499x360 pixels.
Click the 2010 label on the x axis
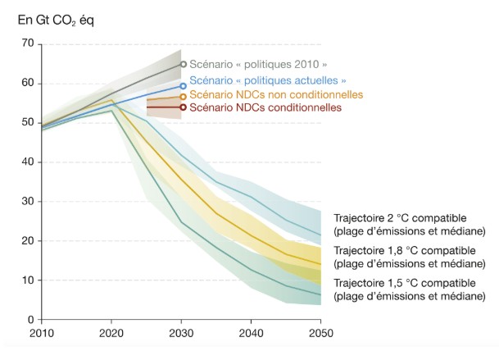click(x=41, y=333)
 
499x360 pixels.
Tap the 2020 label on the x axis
click(x=112, y=333)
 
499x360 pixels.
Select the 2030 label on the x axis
click(x=183, y=333)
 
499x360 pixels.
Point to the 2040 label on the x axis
click(x=251, y=333)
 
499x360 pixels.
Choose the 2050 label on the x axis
click(x=320, y=333)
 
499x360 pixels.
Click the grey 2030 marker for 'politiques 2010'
click(x=184, y=64)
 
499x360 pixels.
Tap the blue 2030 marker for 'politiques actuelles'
click(x=184, y=85)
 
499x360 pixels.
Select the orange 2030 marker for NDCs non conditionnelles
click(x=184, y=96)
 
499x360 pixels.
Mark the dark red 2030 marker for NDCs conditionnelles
click(x=184, y=107)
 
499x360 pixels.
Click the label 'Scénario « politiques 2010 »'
click(x=259, y=64)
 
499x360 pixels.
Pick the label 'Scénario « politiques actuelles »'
click(x=268, y=80)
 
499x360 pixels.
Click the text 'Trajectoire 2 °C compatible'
click(x=400, y=217)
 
